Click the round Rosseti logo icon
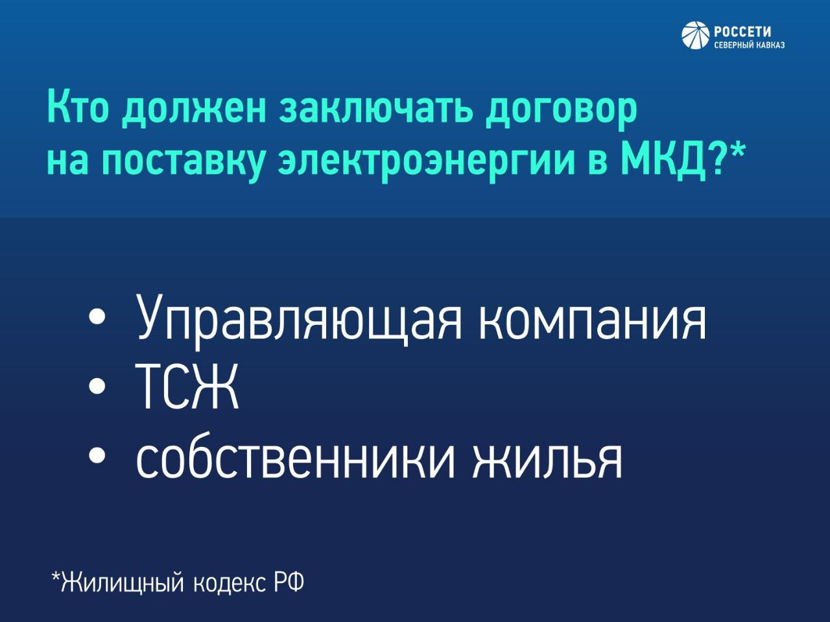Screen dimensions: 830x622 pos(696,35)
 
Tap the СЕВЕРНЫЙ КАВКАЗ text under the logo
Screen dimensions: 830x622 pos(749,45)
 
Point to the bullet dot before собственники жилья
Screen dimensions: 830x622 pos(97,456)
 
